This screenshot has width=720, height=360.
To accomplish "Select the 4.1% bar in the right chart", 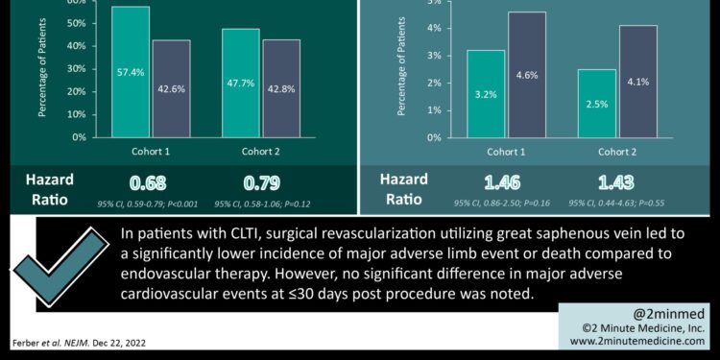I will pyautogui.click(x=637, y=82).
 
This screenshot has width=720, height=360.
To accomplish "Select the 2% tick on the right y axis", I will pyautogui.click(x=434, y=83).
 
